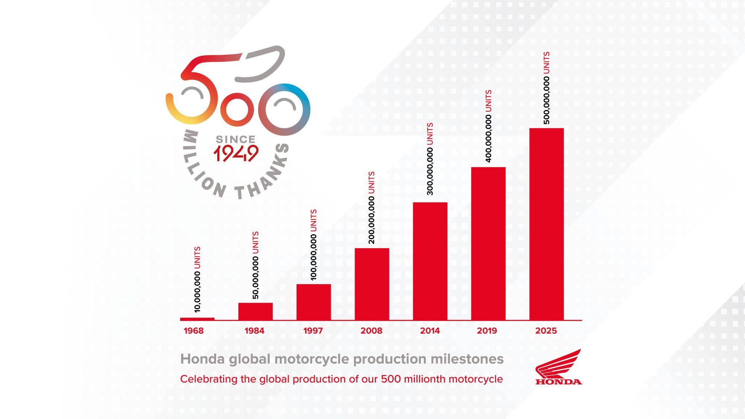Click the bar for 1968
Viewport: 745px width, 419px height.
coord(197,319)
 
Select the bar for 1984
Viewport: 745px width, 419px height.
coord(255,311)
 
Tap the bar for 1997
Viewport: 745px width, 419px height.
coord(313,302)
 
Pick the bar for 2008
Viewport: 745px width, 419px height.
coord(372,284)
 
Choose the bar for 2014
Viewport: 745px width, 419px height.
coord(430,261)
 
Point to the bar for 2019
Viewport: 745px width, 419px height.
coord(488,243)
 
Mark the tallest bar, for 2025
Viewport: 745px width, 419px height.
coord(546,223)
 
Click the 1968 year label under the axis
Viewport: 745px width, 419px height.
coord(194,331)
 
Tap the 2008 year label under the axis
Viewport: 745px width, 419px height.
coord(371,331)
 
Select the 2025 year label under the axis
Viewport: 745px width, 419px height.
coord(546,331)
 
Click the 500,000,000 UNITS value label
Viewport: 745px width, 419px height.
coord(546,88)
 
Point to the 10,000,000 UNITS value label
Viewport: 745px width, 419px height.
coord(197,279)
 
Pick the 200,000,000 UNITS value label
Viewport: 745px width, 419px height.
coord(371,208)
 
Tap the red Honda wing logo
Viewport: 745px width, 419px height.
coord(558,367)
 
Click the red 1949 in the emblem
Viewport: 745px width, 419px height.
coord(236,153)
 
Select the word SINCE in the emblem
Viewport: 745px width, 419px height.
coord(235,139)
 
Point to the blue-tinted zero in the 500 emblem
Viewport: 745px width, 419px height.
coord(285,109)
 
